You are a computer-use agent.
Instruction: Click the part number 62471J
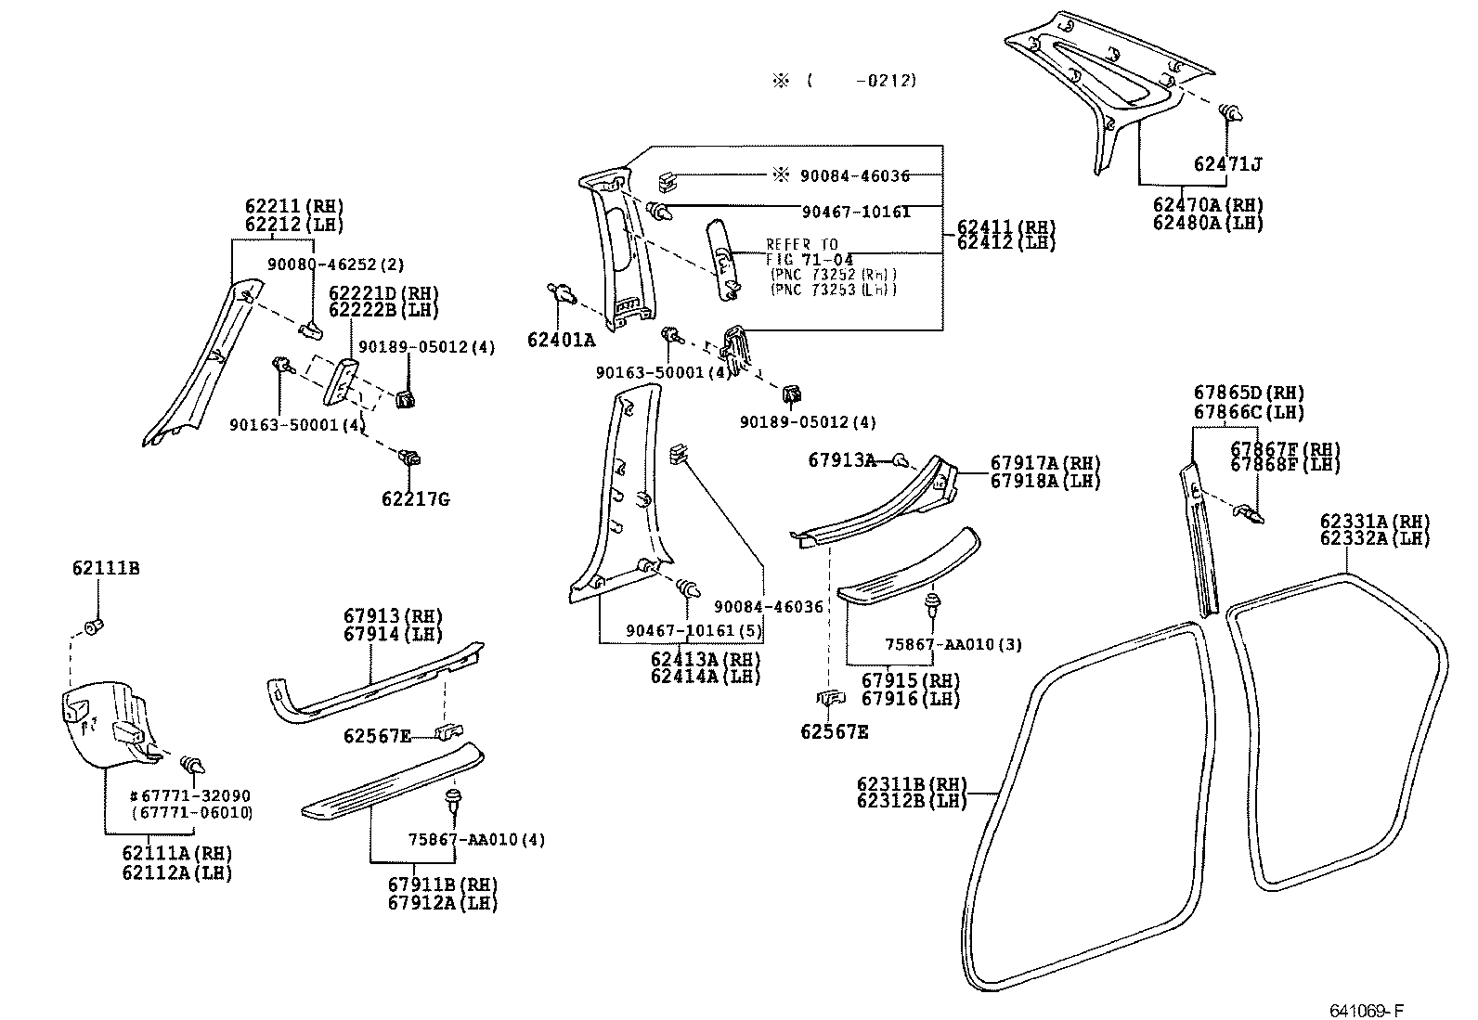[x=1227, y=165]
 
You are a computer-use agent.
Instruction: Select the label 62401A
[x=561, y=340]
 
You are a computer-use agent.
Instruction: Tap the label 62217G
[x=415, y=499]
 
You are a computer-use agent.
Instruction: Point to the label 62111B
[x=106, y=567]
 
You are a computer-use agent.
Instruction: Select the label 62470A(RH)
[x=1208, y=205]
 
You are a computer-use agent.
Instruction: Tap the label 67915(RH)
[x=911, y=680]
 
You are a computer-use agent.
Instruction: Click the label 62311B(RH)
[x=912, y=783]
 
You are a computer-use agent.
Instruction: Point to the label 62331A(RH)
[x=1374, y=521]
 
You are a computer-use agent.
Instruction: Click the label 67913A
[x=841, y=459]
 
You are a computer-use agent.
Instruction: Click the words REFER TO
[x=801, y=244]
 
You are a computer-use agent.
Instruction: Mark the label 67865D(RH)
[x=1249, y=393]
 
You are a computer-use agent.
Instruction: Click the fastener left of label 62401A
[x=560, y=296]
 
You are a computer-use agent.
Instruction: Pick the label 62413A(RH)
[x=705, y=659]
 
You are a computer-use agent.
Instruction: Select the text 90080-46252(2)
[x=335, y=265]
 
